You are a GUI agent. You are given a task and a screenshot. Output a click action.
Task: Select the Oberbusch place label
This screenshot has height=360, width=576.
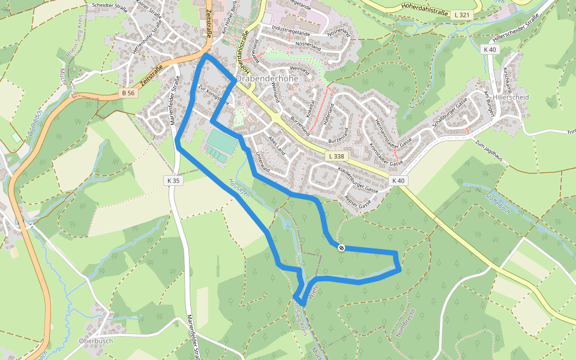click(95, 341)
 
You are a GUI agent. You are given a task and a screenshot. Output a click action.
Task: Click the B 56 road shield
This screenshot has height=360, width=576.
click(128, 93)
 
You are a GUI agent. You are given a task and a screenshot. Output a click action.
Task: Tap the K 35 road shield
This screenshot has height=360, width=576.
click(173, 180)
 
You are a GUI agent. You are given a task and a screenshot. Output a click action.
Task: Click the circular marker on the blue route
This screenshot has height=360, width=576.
click(341, 247)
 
